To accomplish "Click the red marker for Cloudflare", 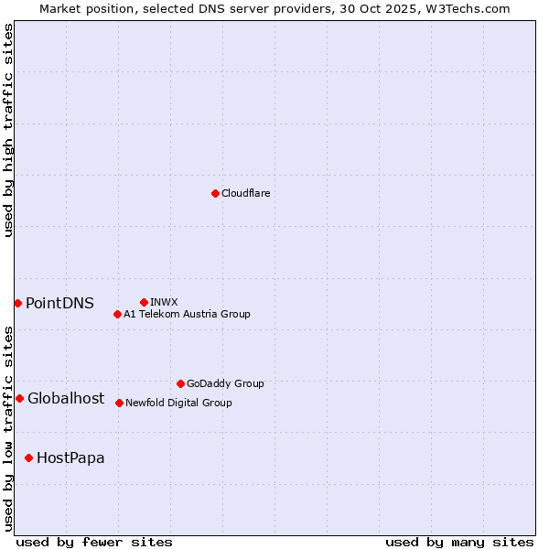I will pos(215,193).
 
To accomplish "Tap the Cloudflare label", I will pos(245,193).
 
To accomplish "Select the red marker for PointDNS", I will pos(17,303).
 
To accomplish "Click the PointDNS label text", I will pos(59,303).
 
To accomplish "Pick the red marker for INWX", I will pos(144,302).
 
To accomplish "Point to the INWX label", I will pos(164,302).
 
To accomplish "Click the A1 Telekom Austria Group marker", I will pos(117,314).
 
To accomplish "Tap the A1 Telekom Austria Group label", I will pos(187,314).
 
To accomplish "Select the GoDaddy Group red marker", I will pos(180,383).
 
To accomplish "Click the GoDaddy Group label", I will pos(224,383).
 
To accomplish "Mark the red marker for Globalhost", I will pos(19,398).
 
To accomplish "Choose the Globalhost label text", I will pos(66,398).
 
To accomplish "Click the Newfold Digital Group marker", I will pos(119,403).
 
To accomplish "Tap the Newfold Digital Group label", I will pos(178,403).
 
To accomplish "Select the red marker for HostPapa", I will pos(28,457).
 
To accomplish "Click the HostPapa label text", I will pos(70,457).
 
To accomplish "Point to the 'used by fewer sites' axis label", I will pos(94,542).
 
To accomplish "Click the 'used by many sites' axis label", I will pos(459,542).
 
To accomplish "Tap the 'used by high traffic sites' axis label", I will pos(8,130).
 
